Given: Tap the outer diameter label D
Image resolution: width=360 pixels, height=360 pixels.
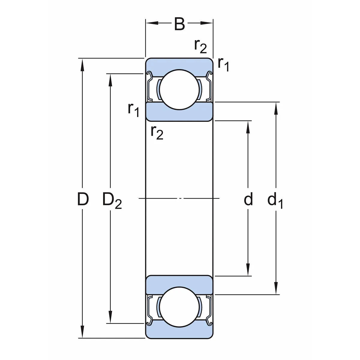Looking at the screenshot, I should click(x=83, y=199).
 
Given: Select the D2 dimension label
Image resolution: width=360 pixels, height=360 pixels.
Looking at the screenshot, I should click(x=112, y=200).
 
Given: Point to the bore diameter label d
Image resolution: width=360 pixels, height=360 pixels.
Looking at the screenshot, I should click(x=248, y=199).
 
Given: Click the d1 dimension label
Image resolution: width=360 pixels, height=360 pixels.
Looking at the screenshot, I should click(x=275, y=200).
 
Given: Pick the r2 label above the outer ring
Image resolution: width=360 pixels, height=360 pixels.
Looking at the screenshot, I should click(x=200, y=46).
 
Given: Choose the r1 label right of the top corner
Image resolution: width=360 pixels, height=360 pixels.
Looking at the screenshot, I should click(x=223, y=64).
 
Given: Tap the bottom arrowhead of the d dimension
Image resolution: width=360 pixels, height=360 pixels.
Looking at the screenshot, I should click(x=248, y=272).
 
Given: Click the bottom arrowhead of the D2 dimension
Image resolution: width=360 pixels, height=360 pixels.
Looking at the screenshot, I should click(x=111, y=319).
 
